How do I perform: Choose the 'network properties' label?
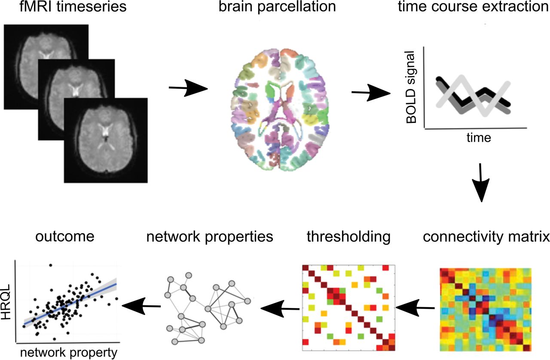pyautogui.click(x=210, y=237)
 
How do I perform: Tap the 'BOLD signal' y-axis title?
pyautogui.click(x=411, y=88)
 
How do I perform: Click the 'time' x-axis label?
pyautogui.click(x=478, y=138)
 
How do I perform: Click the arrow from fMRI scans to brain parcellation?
pyautogui.click(x=189, y=88)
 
